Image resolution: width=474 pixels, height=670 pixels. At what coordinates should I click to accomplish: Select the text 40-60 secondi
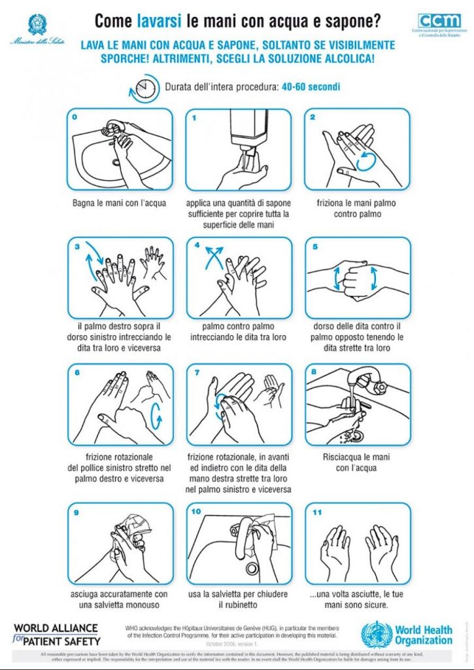(x=311, y=87)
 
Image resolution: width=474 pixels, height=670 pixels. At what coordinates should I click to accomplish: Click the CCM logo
(x=439, y=21)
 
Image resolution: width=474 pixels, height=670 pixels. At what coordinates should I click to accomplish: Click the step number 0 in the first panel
(x=75, y=118)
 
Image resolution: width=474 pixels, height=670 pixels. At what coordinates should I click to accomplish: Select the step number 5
(x=314, y=247)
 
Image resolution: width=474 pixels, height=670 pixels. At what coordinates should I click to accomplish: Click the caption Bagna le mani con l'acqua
(x=119, y=203)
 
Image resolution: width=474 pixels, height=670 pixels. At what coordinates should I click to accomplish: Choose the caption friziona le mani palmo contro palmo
(x=357, y=208)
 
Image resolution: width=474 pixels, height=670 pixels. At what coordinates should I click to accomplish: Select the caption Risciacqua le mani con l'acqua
(x=358, y=462)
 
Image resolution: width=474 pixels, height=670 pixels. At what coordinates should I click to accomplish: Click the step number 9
(x=76, y=512)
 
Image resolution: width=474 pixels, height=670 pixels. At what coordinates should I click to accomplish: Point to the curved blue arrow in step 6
(x=156, y=414)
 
